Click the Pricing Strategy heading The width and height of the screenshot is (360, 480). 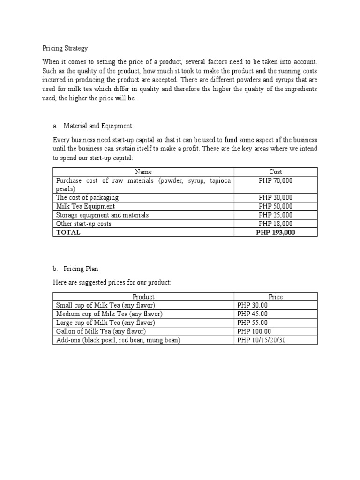(65, 48)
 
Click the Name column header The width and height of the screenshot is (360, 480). (143, 172)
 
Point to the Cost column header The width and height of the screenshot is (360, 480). (276, 172)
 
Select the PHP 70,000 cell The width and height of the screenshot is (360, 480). (276, 180)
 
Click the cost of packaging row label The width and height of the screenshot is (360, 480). (87, 197)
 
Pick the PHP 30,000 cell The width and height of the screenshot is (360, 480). (276, 197)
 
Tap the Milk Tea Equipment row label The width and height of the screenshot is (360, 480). (85, 206)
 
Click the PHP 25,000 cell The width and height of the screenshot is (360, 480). (276, 215)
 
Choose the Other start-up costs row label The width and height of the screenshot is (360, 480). (83, 224)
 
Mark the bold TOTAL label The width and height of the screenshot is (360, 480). (68, 232)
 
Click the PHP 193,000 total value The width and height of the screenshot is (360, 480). (276, 232)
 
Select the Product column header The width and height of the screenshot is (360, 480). (143, 297)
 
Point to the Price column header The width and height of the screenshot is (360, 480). (276, 297)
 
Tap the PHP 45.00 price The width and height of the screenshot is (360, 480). (253, 314)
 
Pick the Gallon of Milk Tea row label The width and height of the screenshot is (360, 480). (101, 331)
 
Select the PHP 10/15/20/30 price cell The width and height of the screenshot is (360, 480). (262, 340)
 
